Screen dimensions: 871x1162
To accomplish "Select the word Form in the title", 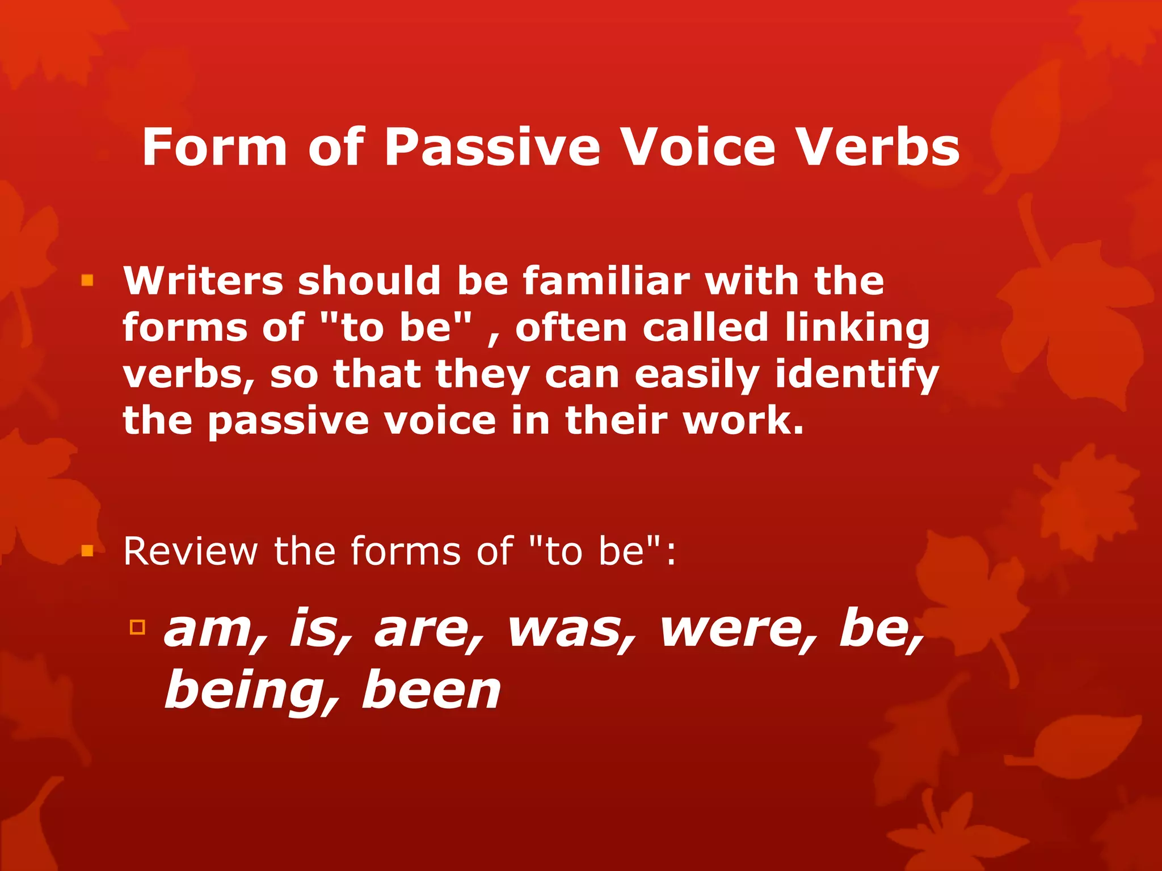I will coord(214,147).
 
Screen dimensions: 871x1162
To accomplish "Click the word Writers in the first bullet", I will coord(203,281).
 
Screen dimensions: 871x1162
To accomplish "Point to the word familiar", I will coord(606,281).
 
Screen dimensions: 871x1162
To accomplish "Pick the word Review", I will coord(191,551).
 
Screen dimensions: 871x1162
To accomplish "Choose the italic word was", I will coord(572,631).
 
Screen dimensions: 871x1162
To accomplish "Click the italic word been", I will coord(431,691).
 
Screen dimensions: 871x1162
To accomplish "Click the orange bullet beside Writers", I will coord(87,280).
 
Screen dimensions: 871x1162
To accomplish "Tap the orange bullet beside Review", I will coord(87,551).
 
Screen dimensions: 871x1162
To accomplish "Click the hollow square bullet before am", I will coord(137,627).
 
